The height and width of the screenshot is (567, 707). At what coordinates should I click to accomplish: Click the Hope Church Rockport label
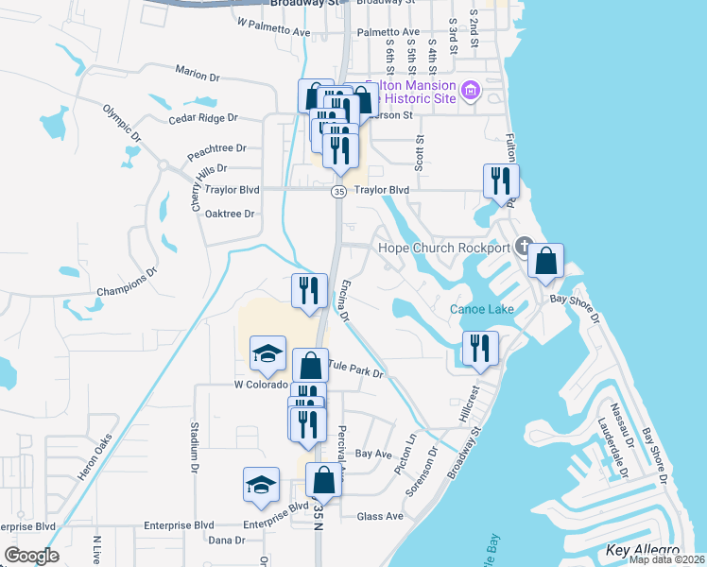[443, 249]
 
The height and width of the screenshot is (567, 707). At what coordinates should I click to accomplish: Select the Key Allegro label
[642, 550]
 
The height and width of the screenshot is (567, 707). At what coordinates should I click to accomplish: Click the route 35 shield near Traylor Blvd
[338, 192]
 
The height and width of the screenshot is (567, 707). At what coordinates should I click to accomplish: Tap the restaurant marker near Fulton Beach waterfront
[501, 181]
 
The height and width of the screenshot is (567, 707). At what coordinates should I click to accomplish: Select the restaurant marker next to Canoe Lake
[480, 348]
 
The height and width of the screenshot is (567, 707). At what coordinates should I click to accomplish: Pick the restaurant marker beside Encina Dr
[309, 291]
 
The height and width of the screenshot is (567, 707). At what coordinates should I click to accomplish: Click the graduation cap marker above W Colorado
[267, 353]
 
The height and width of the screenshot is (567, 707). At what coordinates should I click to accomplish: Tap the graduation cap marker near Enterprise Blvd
[261, 485]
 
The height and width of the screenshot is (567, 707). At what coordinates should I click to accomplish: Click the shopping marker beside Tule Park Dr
[310, 366]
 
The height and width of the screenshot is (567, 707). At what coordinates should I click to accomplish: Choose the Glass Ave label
[380, 516]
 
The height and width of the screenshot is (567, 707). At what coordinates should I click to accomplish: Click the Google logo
[31, 556]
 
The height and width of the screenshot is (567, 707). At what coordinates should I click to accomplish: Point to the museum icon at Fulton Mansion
[471, 93]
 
